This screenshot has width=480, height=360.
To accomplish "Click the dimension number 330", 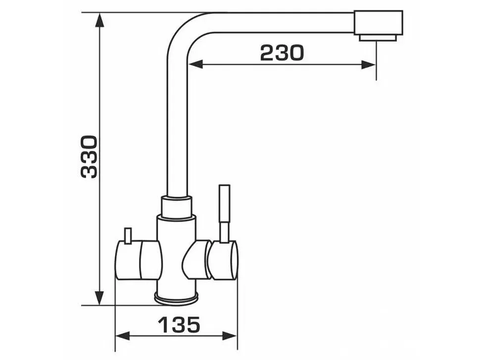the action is pyautogui.click(x=89, y=157).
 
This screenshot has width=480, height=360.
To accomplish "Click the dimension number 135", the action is pyautogui.click(x=179, y=324).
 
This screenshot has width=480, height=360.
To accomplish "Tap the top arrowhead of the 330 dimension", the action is pyautogui.click(x=99, y=20).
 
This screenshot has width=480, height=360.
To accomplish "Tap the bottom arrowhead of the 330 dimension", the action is pyautogui.click(x=99, y=298).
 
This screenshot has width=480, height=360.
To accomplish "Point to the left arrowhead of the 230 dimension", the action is pyautogui.click(x=195, y=65).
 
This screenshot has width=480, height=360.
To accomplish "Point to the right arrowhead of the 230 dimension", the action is pyautogui.click(x=368, y=65).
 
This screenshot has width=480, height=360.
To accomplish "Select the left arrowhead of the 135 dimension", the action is pyautogui.click(x=122, y=336).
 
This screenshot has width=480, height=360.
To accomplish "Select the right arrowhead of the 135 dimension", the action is pyautogui.click(x=230, y=336).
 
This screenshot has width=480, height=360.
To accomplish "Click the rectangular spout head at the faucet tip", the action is pyautogui.click(x=379, y=23).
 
